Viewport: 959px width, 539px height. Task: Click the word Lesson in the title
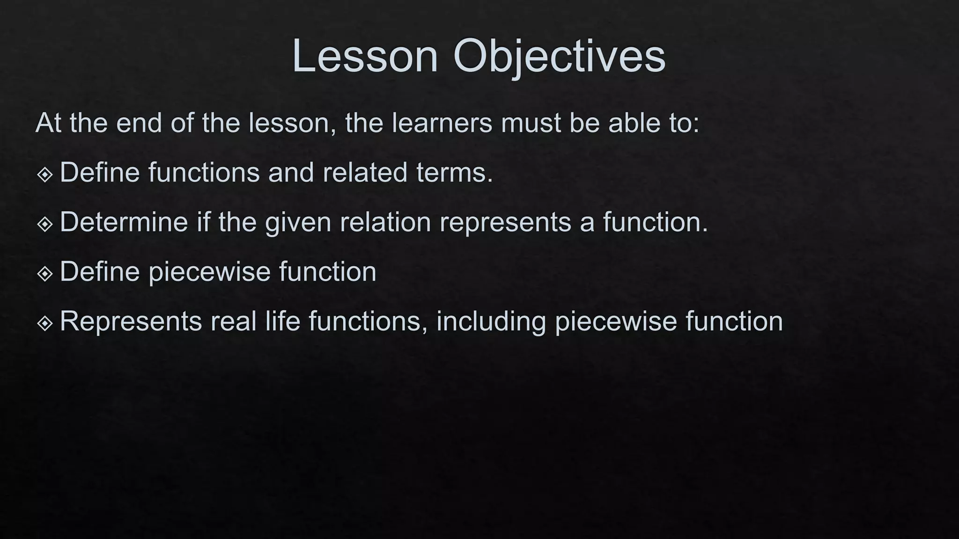[x=365, y=56]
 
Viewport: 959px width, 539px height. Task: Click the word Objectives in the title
[x=559, y=56]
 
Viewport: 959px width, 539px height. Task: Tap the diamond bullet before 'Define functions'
[x=45, y=175]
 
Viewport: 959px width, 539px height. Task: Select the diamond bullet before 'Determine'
[x=45, y=224]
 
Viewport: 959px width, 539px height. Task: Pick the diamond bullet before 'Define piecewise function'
[x=45, y=274]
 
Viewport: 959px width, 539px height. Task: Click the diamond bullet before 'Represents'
[x=45, y=323]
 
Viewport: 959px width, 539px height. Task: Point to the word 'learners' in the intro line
[x=442, y=123]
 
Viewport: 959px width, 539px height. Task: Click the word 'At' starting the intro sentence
[x=48, y=123]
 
